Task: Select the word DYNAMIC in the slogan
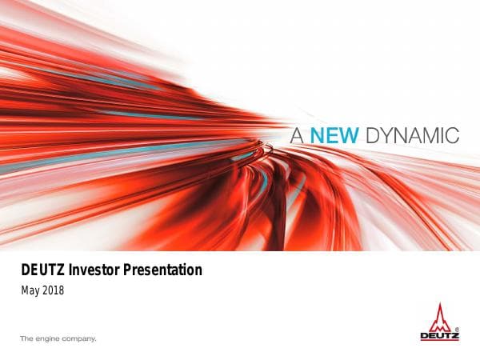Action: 412,135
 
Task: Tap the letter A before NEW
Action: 297,135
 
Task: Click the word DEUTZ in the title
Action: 40,270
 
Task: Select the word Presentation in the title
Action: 162,270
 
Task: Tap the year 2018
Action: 53,290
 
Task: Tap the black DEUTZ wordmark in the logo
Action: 439,336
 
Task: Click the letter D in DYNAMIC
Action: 371,135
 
